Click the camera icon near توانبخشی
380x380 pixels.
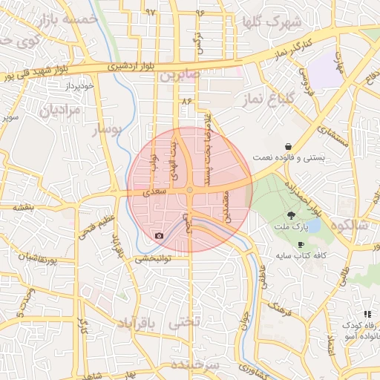pyautogui.click(x=159, y=236)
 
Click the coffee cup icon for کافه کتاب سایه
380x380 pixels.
pyautogui.click(x=301, y=244)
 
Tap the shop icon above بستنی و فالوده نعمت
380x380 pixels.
pyautogui.click(x=298, y=146)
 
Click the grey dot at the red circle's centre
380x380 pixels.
pyautogui.click(x=190, y=190)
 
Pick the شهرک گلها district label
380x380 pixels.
pyautogui.click(x=271, y=22)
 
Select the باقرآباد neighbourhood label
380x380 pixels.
pyautogui.click(x=139, y=324)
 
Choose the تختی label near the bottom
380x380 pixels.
pyautogui.click(x=185, y=324)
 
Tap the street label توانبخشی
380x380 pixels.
pyautogui.click(x=153, y=260)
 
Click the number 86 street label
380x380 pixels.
pyautogui.click(x=186, y=100)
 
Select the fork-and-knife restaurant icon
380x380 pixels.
pyautogui.click(x=367, y=315)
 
